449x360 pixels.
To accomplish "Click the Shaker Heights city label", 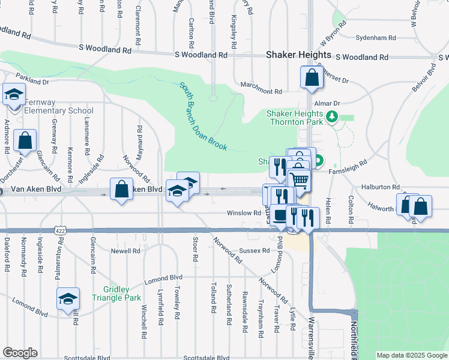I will [x=298, y=55].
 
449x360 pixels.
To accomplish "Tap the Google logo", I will [x=20, y=353].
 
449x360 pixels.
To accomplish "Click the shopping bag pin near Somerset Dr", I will [x=312, y=78].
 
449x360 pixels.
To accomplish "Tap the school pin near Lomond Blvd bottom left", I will [x=68, y=298].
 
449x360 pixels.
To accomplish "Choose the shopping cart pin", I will [x=300, y=179].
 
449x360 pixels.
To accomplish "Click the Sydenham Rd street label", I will [x=376, y=38].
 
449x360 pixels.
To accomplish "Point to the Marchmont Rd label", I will [x=261, y=91].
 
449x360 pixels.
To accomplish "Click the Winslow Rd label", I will [x=243, y=213].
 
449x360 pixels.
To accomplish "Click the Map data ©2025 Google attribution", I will [x=412, y=355].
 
